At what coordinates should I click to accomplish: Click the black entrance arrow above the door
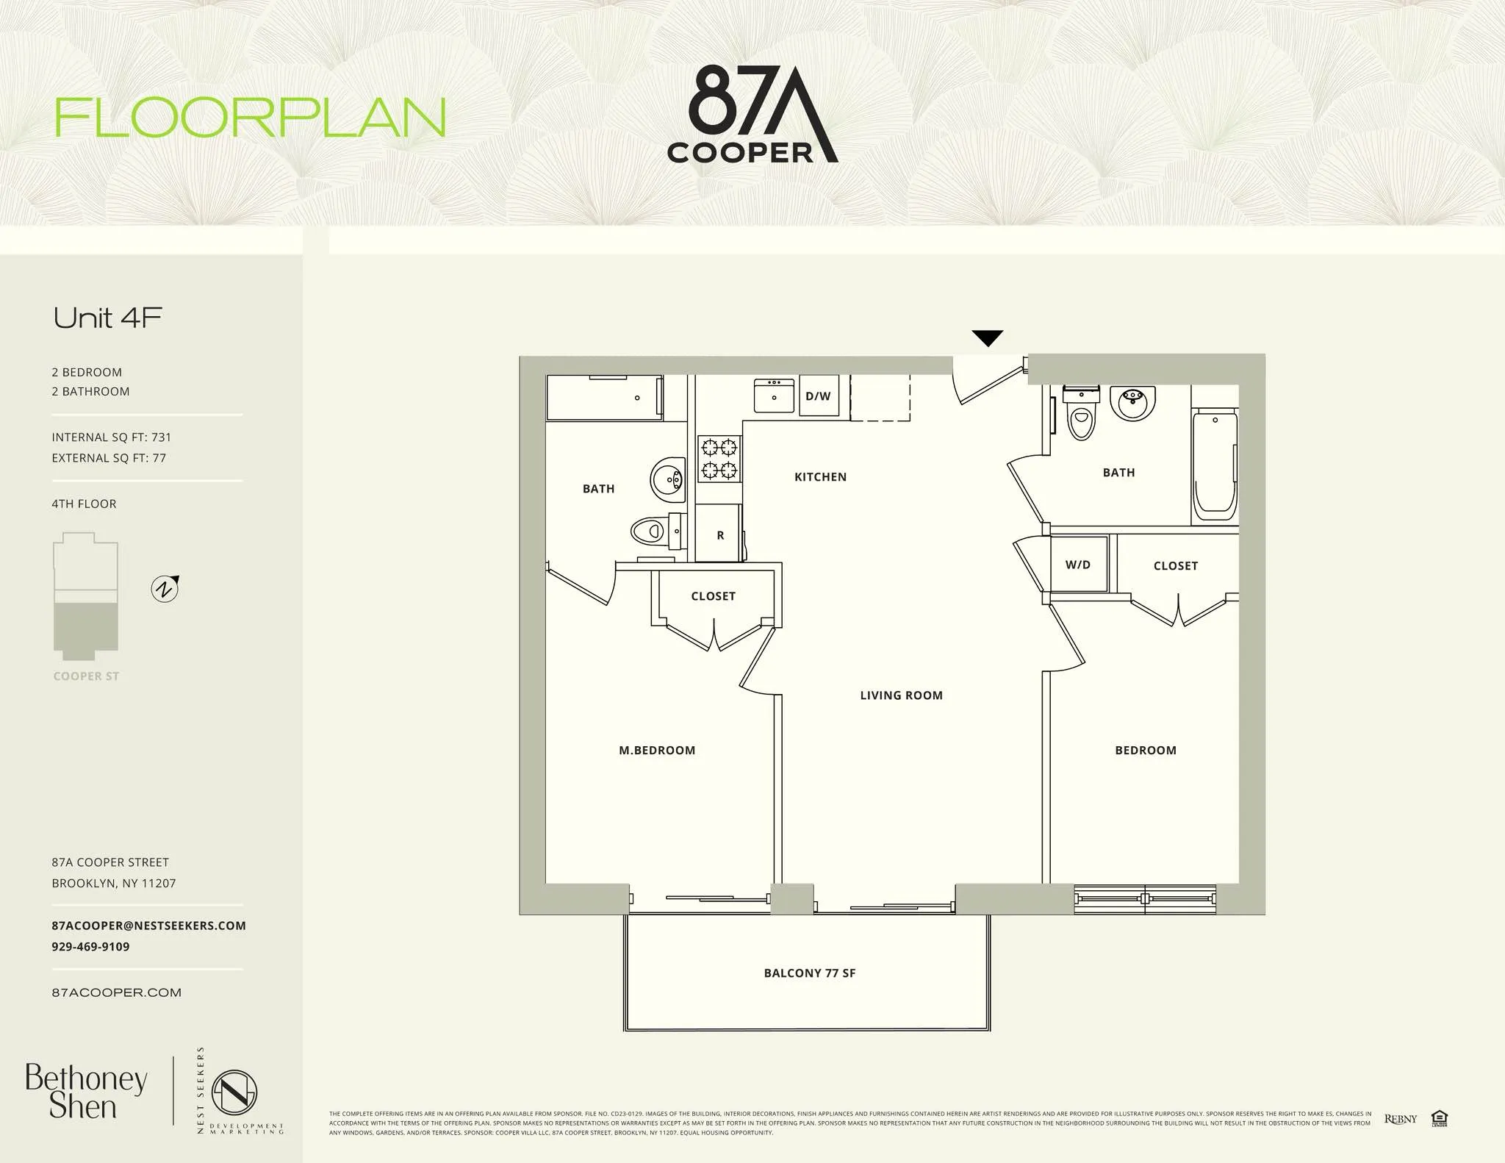tap(987, 338)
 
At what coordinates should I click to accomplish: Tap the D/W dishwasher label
tap(818, 396)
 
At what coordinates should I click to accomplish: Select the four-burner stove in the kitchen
tap(719, 459)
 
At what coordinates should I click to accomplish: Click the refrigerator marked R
tap(719, 534)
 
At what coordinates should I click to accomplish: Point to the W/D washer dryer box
tap(1078, 565)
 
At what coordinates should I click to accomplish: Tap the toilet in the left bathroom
tap(648, 530)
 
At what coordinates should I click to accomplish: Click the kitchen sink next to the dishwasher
tap(774, 396)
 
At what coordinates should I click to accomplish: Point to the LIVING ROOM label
tap(901, 695)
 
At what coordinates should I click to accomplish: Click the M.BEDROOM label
tap(657, 751)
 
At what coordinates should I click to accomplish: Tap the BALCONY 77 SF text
tap(810, 973)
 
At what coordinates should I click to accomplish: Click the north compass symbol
tap(165, 589)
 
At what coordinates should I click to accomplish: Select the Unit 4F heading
tap(108, 318)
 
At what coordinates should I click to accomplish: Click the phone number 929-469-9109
tap(90, 947)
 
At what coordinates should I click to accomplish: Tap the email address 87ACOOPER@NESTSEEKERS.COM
tap(148, 926)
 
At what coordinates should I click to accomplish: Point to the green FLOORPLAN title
tap(251, 118)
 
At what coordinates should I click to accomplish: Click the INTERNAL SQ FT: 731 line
tap(112, 437)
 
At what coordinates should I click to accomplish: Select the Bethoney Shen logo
tap(85, 1092)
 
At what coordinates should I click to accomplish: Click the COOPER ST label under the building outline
tap(86, 676)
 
